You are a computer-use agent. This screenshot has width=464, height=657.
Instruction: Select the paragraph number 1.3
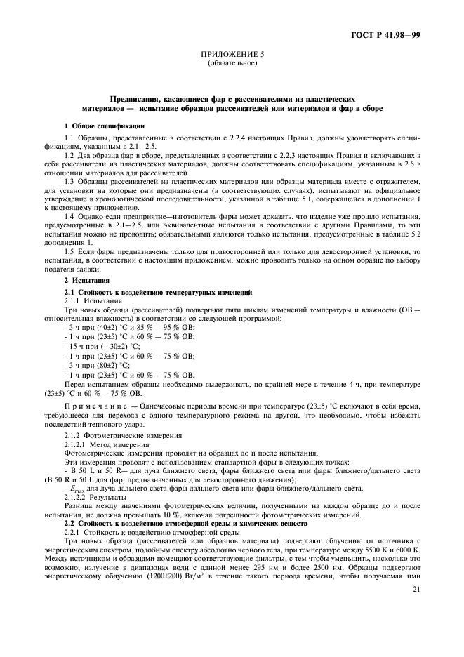pyautogui.click(x=70, y=182)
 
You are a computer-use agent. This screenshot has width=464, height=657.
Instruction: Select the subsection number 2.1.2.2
pyautogui.click(x=77, y=496)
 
